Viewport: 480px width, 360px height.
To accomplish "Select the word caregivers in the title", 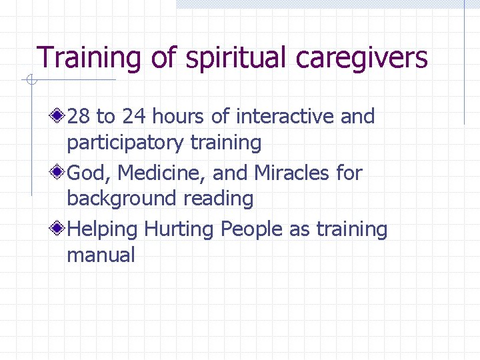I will click(361, 59).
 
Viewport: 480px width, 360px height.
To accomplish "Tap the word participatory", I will click(126, 143).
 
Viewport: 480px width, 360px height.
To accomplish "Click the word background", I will click(122, 199).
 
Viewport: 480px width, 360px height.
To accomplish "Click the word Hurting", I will click(179, 229).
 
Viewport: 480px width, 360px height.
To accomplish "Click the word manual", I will click(101, 255).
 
